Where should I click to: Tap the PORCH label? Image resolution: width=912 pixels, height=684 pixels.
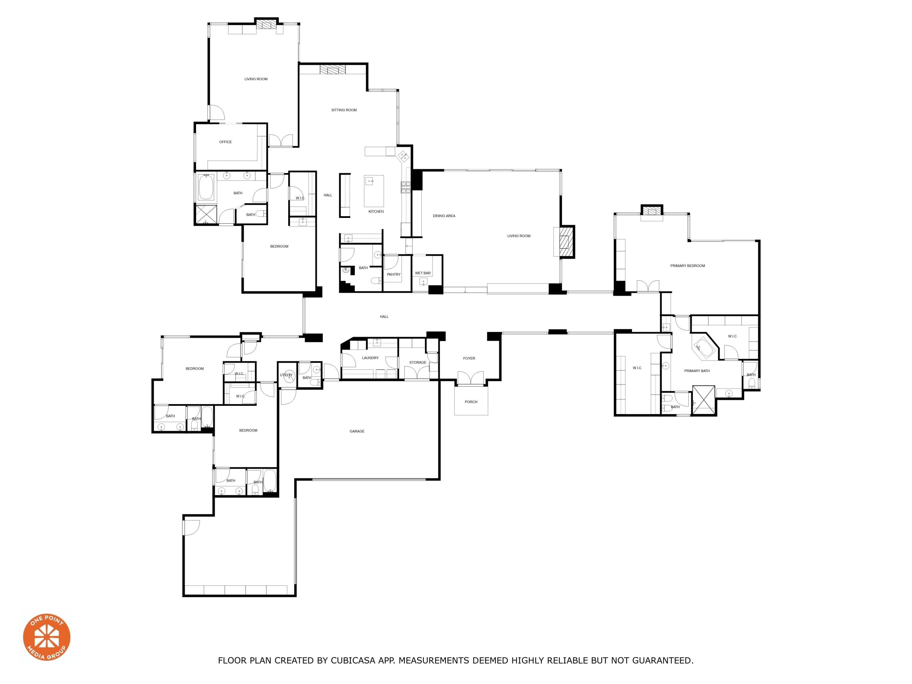471,402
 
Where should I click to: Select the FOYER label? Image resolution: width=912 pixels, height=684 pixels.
469,358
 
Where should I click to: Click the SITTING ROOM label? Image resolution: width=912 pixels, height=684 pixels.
344,110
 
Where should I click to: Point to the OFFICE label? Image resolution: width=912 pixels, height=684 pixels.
225,142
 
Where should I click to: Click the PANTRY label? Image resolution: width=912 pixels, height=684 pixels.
393,274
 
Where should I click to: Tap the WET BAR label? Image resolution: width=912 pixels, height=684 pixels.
423,273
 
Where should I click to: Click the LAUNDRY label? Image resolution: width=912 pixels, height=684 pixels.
370,358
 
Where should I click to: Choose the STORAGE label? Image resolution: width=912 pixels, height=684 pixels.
418,362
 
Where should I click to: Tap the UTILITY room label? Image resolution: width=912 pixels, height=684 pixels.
286,375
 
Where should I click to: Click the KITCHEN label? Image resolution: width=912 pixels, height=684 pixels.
376,212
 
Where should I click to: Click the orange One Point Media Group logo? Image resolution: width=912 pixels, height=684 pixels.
47,637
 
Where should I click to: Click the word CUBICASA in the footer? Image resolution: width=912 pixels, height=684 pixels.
353,661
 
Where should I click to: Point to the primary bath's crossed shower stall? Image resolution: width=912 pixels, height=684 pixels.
703,399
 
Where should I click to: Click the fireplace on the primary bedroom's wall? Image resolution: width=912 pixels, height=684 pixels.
651,211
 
